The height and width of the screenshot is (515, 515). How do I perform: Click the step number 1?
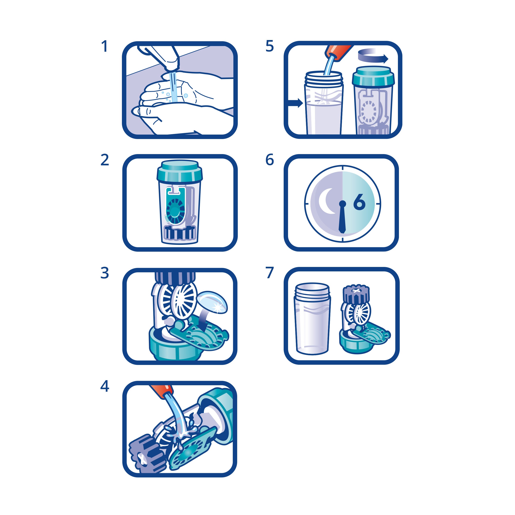pyautogui.click(x=104, y=46)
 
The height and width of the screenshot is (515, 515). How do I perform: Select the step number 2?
pyautogui.click(x=104, y=160)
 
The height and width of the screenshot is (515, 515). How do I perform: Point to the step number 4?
pyautogui.click(x=104, y=386)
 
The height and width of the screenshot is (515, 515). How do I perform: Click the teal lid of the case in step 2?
pyautogui.click(x=180, y=171)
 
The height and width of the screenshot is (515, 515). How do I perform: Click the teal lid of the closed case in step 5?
pyautogui.click(x=373, y=75)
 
